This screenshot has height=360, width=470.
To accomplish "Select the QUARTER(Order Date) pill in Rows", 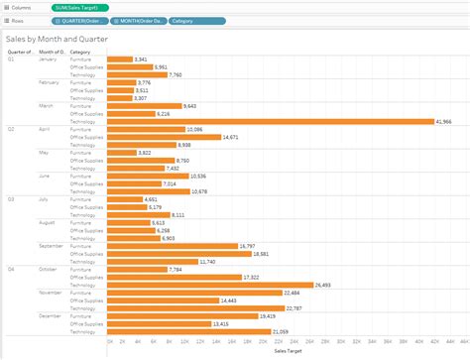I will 80,20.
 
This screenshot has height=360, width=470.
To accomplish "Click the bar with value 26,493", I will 208,284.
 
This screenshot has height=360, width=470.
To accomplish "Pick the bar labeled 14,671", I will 163,136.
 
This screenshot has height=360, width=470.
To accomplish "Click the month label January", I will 49,59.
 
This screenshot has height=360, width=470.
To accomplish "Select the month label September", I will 52,245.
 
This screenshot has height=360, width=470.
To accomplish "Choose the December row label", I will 51,315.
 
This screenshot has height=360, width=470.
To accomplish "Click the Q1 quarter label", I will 12,59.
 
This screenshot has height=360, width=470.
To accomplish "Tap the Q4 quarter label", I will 12,269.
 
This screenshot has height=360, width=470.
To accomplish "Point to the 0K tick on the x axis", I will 109,340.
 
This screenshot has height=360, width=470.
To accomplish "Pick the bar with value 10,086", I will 145,129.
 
